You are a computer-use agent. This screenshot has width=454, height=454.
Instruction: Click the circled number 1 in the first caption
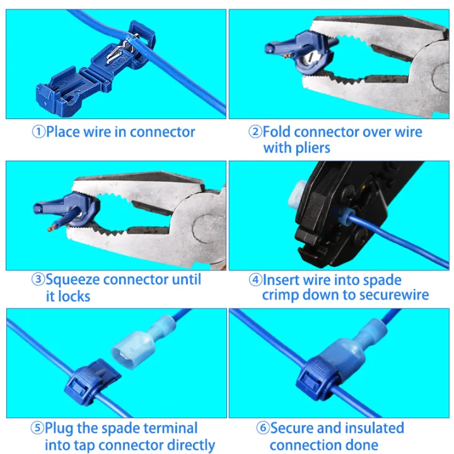click(x=38, y=132)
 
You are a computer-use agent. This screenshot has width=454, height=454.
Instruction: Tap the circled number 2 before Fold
click(x=255, y=132)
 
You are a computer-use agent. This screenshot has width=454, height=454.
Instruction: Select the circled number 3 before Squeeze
click(x=38, y=280)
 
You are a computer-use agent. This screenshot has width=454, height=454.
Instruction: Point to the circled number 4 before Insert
click(x=255, y=280)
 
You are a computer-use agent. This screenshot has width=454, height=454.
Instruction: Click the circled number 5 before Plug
click(x=38, y=429)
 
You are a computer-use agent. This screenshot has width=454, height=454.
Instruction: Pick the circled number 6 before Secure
click(x=263, y=429)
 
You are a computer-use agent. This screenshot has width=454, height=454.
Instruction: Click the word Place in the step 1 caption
click(x=64, y=132)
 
